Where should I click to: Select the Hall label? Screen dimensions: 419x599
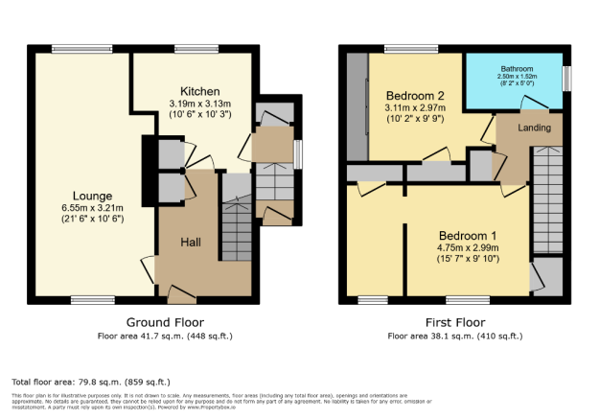191,243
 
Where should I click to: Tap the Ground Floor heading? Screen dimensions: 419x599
165,322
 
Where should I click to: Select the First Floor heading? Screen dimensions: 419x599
454,322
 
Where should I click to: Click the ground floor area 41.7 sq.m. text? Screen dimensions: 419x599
165,336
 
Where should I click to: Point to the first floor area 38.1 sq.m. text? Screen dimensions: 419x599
454,336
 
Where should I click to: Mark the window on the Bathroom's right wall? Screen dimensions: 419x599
567,77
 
